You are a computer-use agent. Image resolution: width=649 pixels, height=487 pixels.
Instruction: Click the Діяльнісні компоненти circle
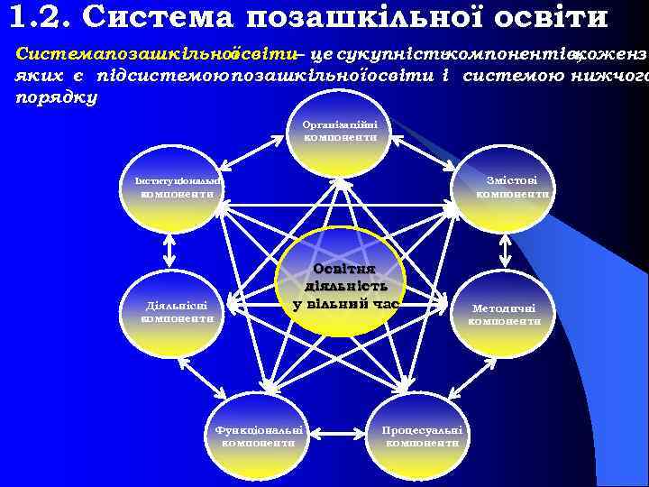tap(170, 311)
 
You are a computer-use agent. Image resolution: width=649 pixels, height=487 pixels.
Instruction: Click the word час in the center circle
tap(380, 304)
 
